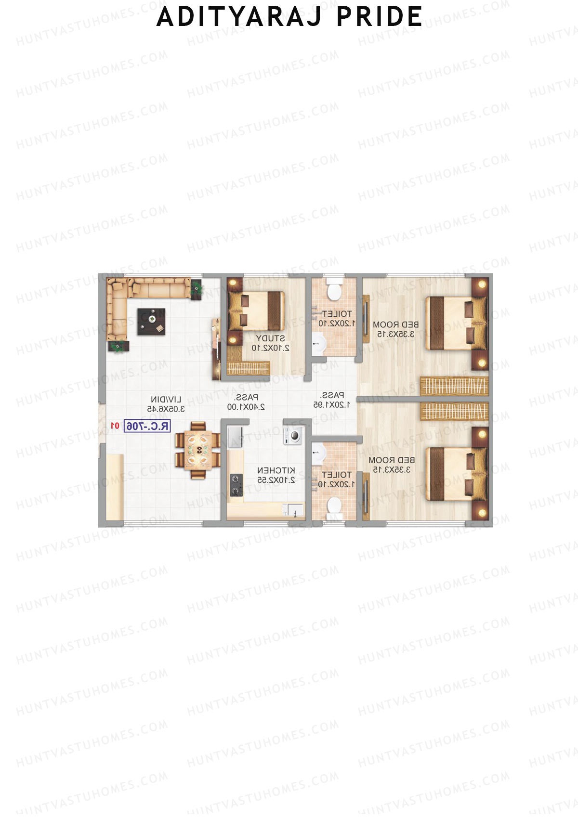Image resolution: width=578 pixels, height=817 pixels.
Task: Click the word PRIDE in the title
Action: pos(379,17)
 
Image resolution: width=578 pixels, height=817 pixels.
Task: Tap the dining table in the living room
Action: pos(198,450)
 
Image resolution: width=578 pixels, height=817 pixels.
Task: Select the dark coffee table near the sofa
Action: pos(151,322)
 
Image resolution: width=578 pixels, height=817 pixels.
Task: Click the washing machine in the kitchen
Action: pos(293,435)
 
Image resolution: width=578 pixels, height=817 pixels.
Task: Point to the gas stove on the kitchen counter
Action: pos(236,485)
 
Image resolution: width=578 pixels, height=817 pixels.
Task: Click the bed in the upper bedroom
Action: pos(455,323)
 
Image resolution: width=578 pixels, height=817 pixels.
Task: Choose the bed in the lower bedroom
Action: pos(455,474)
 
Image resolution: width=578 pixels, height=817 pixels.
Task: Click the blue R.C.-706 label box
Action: pos(147,426)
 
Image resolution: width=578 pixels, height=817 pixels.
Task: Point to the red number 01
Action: pos(115,426)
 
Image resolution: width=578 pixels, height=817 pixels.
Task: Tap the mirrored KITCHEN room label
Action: pos(276,470)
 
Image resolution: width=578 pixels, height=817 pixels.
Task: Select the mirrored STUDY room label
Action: pos(270,338)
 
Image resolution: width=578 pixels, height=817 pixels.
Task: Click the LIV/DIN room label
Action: pos(166,400)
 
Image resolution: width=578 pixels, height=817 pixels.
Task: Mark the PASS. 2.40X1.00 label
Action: pos(246,402)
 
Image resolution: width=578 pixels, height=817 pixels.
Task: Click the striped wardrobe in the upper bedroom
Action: pos(454,386)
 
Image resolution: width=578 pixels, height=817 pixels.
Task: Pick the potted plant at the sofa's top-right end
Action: pos(197,289)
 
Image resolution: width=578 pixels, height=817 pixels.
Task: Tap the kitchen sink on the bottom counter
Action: pos(293,509)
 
